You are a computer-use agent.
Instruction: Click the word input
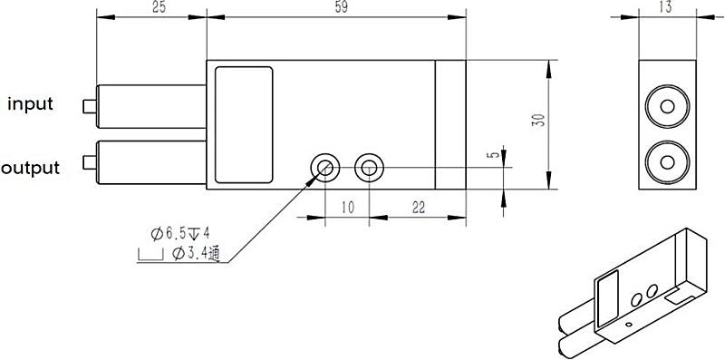(31, 104)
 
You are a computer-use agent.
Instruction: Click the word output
(31, 168)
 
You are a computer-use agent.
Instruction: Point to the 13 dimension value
(668, 8)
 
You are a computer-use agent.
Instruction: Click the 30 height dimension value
(536, 122)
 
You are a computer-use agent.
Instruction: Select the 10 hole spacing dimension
(345, 208)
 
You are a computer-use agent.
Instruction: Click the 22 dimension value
(419, 208)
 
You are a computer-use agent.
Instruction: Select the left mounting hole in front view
(324, 166)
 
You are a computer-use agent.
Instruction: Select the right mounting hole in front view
(368, 166)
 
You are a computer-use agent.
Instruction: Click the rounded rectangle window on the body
(243, 122)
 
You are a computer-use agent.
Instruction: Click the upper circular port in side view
(668, 105)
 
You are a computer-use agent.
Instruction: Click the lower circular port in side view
(668, 161)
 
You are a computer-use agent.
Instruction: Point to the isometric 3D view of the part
(634, 290)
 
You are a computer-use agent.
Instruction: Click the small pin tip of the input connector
(88, 105)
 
